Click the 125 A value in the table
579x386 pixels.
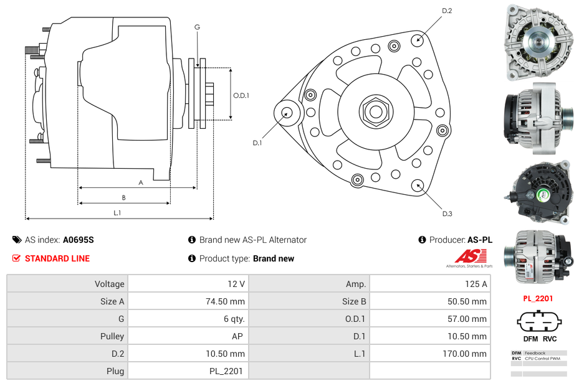[477, 284]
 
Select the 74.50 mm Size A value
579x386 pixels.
[230, 301]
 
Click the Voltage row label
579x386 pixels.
[109, 284]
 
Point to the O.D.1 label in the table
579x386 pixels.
[355, 319]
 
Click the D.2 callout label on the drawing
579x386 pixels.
[447, 11]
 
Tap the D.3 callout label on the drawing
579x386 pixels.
[447, 214]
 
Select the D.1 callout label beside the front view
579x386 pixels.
[257, 143]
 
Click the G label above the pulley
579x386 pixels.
[197, 27]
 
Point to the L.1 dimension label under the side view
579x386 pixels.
[117, 213]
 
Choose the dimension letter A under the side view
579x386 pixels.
[141, 182]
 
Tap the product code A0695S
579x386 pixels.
[78, 240]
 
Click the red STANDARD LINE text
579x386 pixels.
[57, 258]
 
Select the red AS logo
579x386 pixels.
[466, 256]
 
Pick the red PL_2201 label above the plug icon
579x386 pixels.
[538, 298]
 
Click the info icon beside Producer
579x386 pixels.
[422, 240]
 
